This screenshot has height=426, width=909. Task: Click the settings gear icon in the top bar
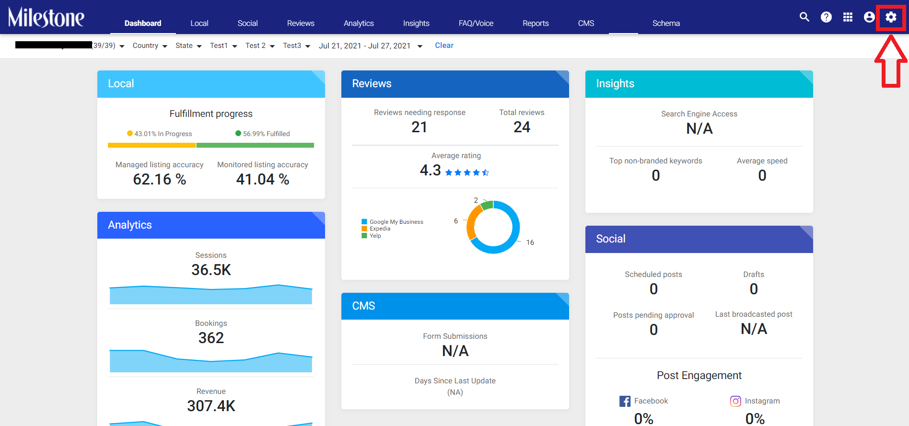[x=891, y=17]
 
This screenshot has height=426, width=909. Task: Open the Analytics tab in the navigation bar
[x=359, y=23]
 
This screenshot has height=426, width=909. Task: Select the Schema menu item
[x=666, y=23]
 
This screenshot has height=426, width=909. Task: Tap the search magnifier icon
[x=804, y=17]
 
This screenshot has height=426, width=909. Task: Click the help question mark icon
[x=826, y=17]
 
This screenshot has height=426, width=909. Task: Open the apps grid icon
[x=848, y=17]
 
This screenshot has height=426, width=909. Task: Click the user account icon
[x=869, y=17]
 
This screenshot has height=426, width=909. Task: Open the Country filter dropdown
[x=150, y=46]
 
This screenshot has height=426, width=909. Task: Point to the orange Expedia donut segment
[x=473, y=222]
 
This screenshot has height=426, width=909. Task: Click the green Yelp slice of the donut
[x=487, y=205]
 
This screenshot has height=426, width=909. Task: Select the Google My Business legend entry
[x=393, y=222]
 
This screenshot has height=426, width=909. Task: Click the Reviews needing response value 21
[x=420, y=127]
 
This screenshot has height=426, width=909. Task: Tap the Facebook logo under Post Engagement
[x=625, y=401]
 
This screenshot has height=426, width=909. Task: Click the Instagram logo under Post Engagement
[x=735, y=401]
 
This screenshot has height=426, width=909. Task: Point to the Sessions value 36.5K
[x=211, y=270]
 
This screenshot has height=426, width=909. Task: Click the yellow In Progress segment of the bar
[x=152, y=145]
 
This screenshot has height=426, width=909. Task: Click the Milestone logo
[x=46, y=17]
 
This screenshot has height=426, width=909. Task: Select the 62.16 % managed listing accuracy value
[x=160, y=179]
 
